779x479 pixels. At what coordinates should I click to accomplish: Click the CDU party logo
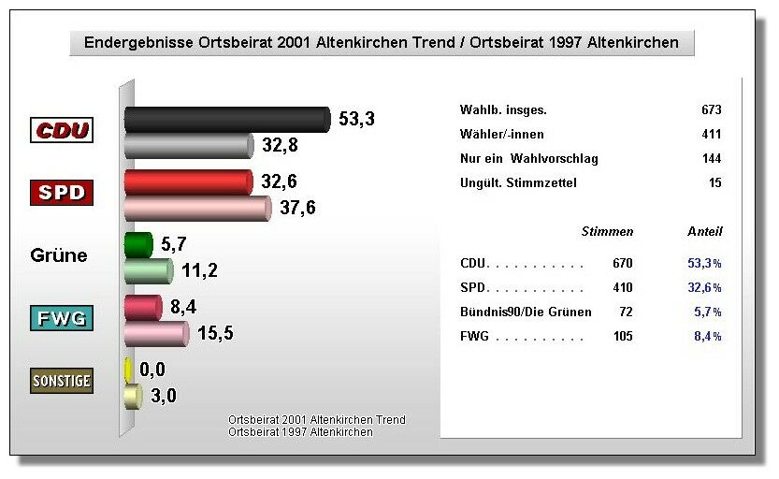coord(62,130)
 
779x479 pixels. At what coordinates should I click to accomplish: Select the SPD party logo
coord(62,193)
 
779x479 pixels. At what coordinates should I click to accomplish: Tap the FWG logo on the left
coord(62,318)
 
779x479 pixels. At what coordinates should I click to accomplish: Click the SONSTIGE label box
coord(62,380)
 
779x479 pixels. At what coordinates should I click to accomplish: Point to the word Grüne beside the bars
coord(59,255)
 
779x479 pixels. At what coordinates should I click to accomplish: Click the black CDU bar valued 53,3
coord(227,119)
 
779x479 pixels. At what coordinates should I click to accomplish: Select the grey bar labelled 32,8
coord(189,145)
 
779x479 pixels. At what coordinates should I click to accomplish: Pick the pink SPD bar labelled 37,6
coord(197,208)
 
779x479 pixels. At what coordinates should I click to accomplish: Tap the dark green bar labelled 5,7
coord(138,245)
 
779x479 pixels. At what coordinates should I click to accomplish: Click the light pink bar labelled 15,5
coord(157,333)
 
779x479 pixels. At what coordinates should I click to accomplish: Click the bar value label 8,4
coord(183,307)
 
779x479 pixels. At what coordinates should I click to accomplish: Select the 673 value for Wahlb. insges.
coord(711,110)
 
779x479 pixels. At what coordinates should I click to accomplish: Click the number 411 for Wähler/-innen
coord(711,135)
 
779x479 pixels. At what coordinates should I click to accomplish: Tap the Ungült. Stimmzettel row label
coord(519,183)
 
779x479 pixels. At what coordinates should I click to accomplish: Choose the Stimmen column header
coord(607,231)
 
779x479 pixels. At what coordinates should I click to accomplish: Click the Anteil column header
coord(705,231)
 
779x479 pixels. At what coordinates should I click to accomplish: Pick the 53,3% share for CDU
coord(704,264)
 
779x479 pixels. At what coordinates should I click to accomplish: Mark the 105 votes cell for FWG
coord(622,337)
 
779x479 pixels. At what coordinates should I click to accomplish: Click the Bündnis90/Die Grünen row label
coord(526,312)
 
